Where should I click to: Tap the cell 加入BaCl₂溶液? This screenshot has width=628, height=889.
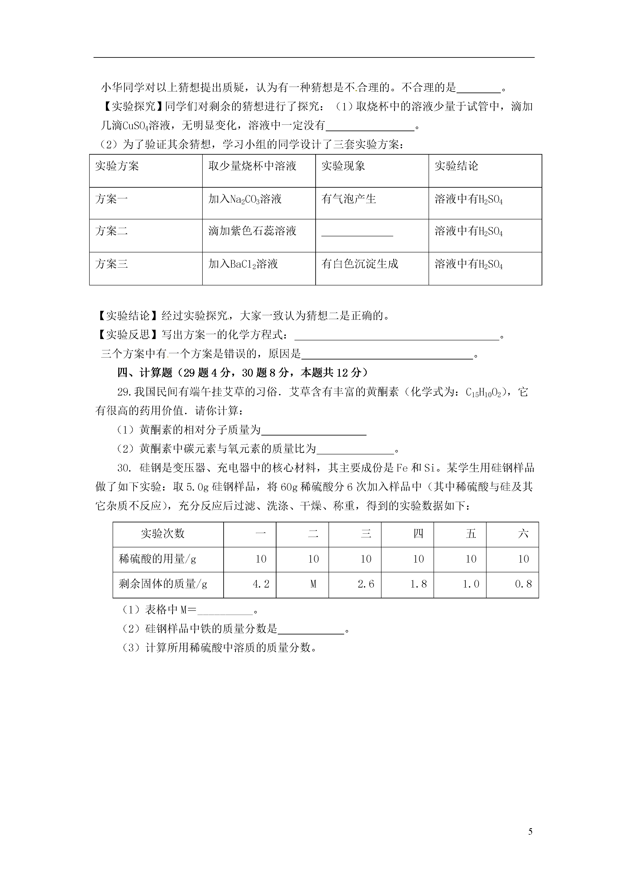[x=243, y=264]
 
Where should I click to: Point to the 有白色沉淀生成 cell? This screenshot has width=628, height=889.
[x=360, y=264]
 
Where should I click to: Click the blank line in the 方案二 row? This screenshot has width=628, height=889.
[x=357, y=233]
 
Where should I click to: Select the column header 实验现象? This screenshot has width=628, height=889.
[x=343, y=166]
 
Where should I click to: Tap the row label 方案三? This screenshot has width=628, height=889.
[x=112, y=264]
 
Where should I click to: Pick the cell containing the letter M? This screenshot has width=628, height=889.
[x=313, y=584]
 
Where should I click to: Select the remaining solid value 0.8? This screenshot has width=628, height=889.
[x=523, y=584]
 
